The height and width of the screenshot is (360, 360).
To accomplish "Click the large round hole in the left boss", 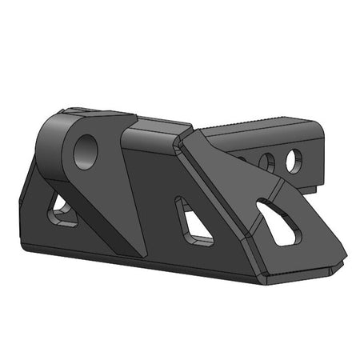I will [x=85, y=150].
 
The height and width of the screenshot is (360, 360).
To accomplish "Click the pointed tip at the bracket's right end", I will [x=344, y=258].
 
